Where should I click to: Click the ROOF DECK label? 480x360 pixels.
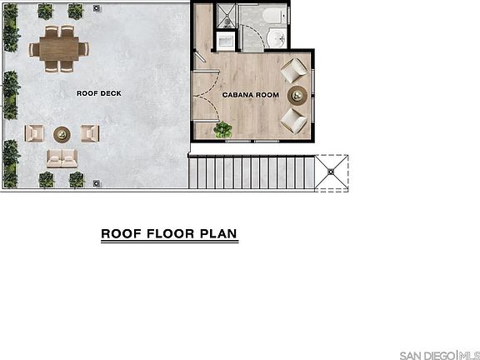[x=99, y=93]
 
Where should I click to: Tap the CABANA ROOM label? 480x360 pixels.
[x=250, y=95]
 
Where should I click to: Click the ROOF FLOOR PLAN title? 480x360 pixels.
[x=170, y=233]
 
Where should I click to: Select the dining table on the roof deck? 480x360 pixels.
[x=60, y=47]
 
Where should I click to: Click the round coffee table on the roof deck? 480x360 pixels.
[x=62, y=133]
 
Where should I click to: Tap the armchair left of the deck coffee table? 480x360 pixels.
[x=35, y=132]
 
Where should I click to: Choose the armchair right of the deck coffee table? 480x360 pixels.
[x=90, y=132]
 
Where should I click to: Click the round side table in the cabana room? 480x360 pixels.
[x=297, y=94]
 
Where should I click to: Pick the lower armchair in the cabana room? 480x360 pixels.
[x=293, y=119]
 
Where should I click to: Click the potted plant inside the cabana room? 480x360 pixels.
[x=222, y=129]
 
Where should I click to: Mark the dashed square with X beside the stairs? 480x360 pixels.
[x=331, y=172]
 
